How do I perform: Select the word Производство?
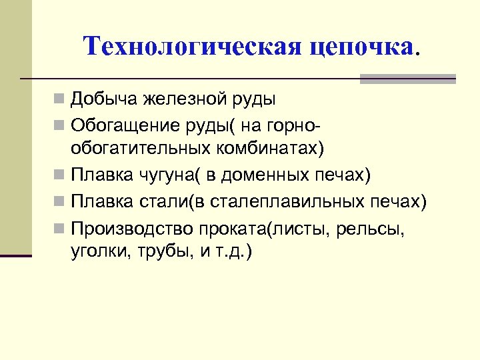(131, 228)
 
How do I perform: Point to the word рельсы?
(375, 228)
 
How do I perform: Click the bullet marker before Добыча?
(59, 101)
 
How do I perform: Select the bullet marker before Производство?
(59, 228)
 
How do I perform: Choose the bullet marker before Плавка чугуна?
(59, 175)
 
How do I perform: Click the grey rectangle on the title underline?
(407, 79)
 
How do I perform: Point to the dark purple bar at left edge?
(16, 255)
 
